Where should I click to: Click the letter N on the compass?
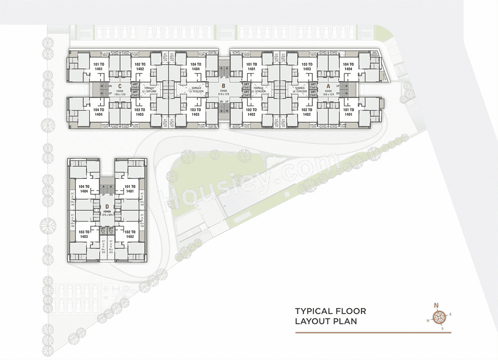(x=436, y=306)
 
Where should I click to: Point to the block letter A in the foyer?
(x=328, y=86)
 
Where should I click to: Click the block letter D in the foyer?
(x=107, y=206)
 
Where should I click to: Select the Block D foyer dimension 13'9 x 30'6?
(x=107, y=215)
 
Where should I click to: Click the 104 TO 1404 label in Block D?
(x=84, y=189)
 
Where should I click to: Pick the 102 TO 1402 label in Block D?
(x=130, y=234)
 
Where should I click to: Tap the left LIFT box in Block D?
(x=103, y=231)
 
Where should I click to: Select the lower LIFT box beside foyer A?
(x=312, y=93)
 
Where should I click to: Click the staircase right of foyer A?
(x=351, y=89)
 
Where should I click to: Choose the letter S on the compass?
(x=442, y=328)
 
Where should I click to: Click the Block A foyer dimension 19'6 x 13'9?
(x=328, y=94)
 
